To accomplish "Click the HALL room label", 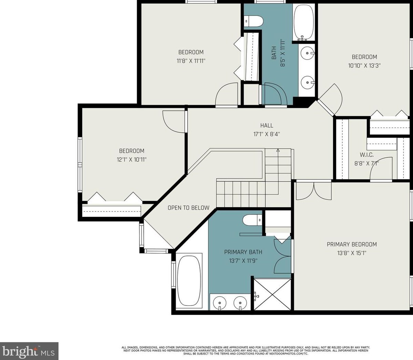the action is (x=267, y=125).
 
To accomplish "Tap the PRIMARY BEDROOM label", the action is (x=352, y=244).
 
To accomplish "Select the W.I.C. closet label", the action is (x=366, y=155).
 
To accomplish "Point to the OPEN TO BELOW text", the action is (x=188, y=208).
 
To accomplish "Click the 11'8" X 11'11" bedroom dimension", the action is (x=191, y=61).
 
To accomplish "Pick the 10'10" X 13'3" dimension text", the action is (x=364, y=66).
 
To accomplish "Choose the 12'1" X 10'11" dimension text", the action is (x=132, y=160).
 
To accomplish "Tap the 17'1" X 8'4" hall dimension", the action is (x=267, y=134).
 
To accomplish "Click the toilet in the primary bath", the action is (x=252, y=220).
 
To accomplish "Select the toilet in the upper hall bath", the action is (x=254, y=21).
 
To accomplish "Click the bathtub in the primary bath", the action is (x=189, y=281).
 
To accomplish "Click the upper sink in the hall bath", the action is (x=308, y=53).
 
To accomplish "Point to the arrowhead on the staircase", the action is (x=278, y=150).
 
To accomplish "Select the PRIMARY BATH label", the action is (x=243, y=252).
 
